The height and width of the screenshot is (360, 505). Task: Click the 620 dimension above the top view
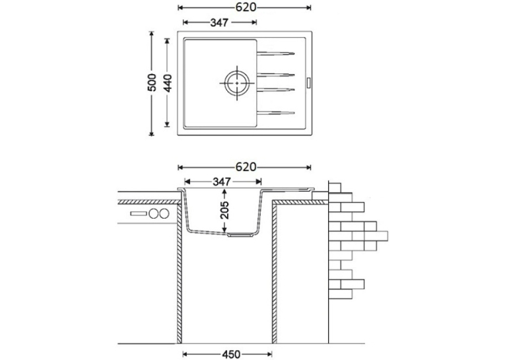coord(246,7)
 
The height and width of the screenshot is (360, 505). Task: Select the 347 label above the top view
coord(219,22)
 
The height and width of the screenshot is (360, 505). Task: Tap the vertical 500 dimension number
coord(152,83)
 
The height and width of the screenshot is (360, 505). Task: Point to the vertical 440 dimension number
coord(168,83)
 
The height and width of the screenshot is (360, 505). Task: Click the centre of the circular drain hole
coord(237,83)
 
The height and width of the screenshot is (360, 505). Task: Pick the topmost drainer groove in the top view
coord(275,54)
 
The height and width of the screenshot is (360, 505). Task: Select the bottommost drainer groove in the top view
coord(275,113)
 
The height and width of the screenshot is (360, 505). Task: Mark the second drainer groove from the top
coord(275,75)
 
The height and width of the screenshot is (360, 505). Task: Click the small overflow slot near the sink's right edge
coord(308,82)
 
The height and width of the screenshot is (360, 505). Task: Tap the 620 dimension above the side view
coord(246,167)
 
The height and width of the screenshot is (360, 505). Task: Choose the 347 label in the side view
coord(222,182)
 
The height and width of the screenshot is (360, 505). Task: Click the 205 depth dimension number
coord(224,210)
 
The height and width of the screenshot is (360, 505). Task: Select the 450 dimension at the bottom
coord(231,355)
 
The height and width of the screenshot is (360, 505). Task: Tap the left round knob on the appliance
coord(154,213)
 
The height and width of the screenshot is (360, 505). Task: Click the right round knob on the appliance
coord(164,213)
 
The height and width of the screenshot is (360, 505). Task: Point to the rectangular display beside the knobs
coord(139,213)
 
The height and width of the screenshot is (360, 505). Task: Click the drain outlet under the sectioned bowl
coord(239,234)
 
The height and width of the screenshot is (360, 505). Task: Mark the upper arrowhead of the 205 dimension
coord(224,192)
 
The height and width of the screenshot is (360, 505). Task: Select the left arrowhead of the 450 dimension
coord(186,355)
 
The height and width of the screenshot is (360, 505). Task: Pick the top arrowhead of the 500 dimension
coord(152,34)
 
